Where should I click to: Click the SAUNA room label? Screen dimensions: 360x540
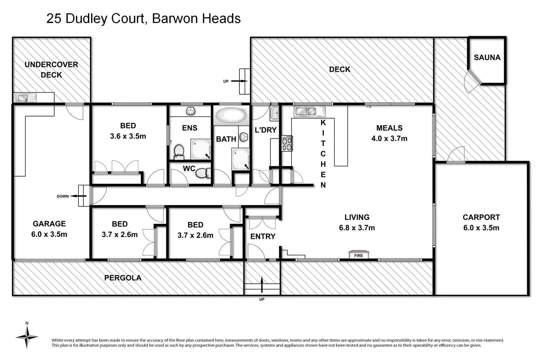coord(487,57)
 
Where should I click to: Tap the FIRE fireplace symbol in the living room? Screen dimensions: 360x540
coord(359,255)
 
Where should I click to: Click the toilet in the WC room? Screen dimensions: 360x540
coord(203,173)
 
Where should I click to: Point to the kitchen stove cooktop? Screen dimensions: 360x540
coord(287,143)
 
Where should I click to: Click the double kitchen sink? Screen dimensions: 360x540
coord(306,111)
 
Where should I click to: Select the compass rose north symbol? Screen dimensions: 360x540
coord(27,336)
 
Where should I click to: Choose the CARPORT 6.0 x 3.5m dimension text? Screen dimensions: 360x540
coord(481,228)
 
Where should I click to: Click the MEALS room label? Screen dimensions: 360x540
coord(389,128)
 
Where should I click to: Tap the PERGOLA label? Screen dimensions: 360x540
coord(123,278)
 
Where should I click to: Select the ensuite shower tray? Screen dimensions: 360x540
coord(201,149)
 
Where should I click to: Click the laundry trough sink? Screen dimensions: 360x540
coord(274,113)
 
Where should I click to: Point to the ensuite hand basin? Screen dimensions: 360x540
coord(190,111)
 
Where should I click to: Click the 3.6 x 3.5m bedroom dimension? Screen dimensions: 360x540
coord(128,136)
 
